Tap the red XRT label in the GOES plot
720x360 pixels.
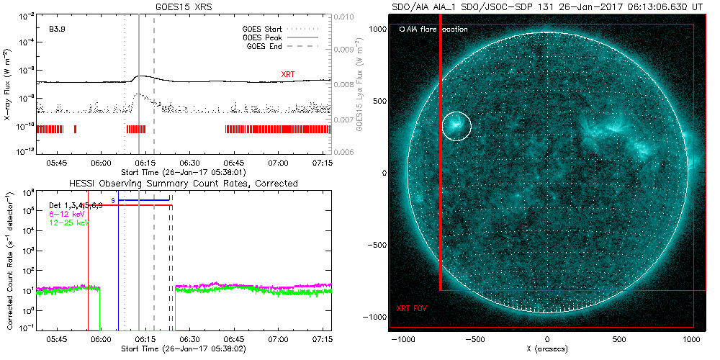pyautogui.click(x=287, y=75)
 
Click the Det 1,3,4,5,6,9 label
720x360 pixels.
pyautogui.click(x=76, y=205)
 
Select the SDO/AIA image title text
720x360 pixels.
pyautogui.click(x=547, y=6)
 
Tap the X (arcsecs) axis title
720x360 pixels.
pyautogui.click(x=548, y=348)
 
